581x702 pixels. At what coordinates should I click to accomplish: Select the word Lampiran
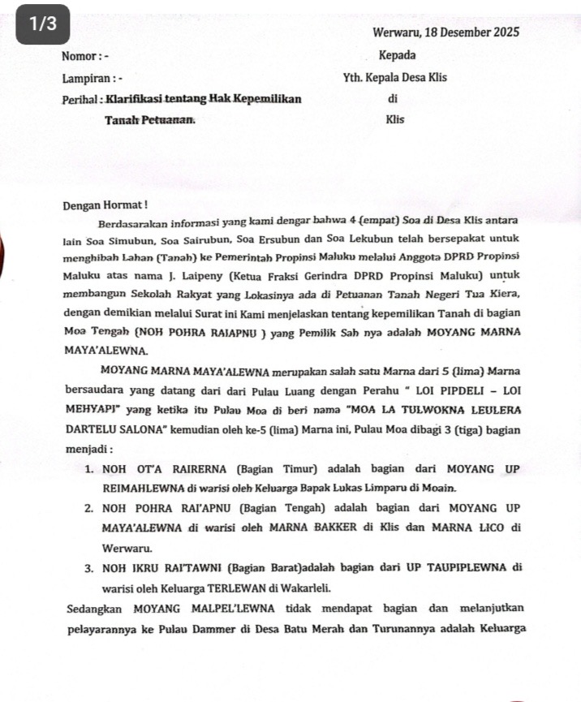[85, 79]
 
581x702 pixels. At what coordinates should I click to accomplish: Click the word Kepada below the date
[397, 56]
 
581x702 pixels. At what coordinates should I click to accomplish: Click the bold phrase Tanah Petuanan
[149, 120]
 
